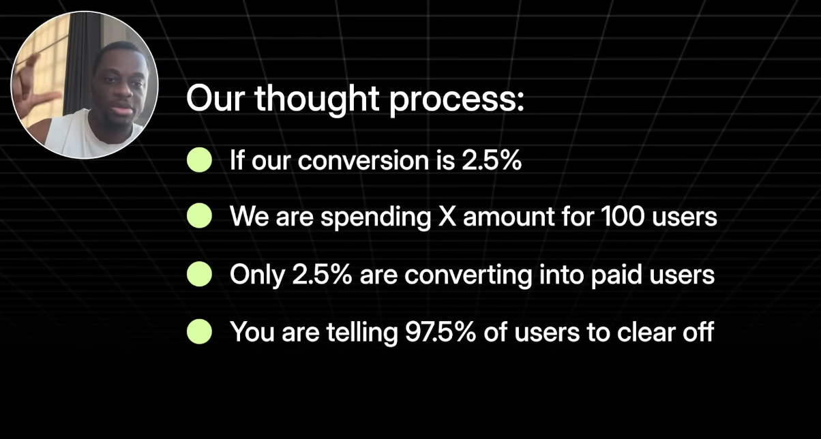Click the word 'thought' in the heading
coord(317,100)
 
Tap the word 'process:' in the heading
coord(457,102)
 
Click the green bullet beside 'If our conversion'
coord(199,160)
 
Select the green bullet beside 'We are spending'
coord(199,215)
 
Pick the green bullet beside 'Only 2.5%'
coord(199,274)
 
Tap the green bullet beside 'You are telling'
coord(199,331)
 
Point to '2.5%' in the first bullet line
coord(492,160)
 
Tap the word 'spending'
coord(376,218)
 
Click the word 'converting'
coord(468,275)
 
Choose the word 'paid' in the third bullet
coord(616,275)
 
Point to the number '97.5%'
coord(441,332)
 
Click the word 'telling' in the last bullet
coord(362,333)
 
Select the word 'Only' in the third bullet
coord(257,275)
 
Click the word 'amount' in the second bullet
coord(509,217)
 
